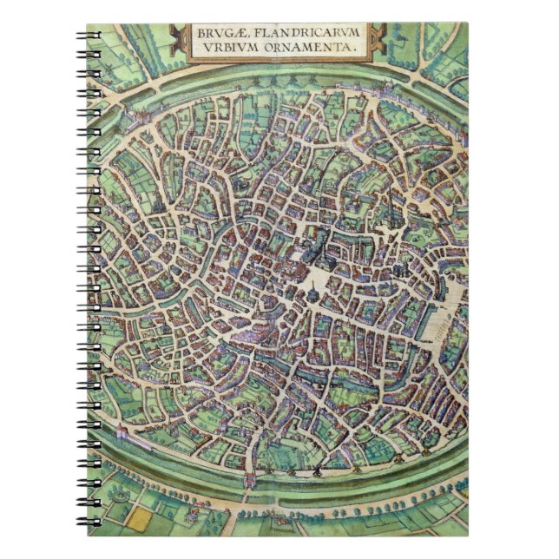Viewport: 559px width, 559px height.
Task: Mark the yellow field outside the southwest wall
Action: [x=139, y=516]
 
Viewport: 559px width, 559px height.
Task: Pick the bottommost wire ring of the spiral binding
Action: [x=87, y=523]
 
